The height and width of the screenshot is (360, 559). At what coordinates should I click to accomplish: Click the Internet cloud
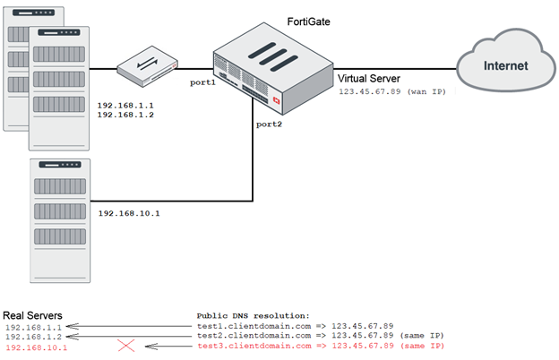pos(505,64)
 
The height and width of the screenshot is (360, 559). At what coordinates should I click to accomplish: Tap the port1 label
pos(202,82)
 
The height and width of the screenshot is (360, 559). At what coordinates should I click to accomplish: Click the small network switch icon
pos(149,64)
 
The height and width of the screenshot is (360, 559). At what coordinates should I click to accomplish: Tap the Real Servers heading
pos(32,315)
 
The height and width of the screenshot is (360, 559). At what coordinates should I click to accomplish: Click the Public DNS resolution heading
pos(253,316)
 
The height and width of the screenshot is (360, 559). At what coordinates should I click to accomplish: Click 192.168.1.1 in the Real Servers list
pos(30,327)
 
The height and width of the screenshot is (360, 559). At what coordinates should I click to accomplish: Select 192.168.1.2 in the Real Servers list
pos(30,337)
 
